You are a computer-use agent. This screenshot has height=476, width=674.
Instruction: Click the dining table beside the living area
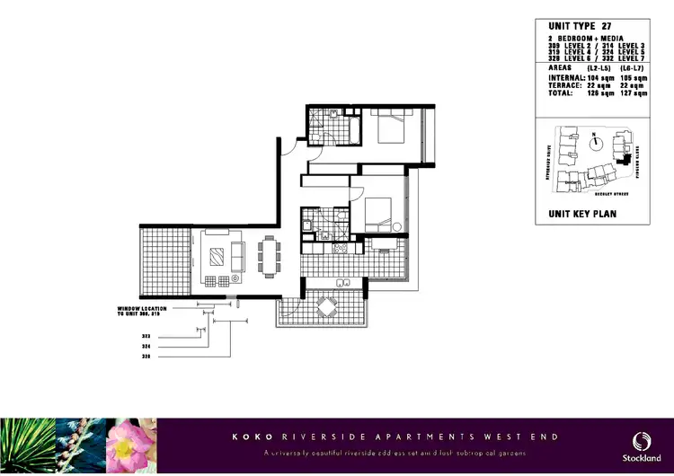tap(270, 258)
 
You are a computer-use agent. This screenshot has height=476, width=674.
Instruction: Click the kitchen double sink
tap(342, 284)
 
